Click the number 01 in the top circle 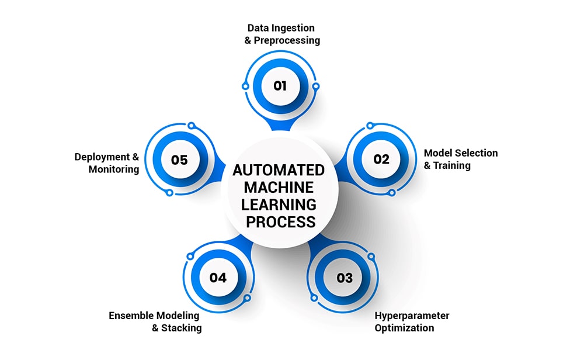coord(280,86)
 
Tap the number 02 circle coord(381,159)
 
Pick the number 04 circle coord(218,277)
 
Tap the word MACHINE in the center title coord(280,188)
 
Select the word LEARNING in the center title coord(280,205)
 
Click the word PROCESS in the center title coord(280,222)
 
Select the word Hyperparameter coord(412,316)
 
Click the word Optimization coord(404,328)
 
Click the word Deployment coord(102,157)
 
